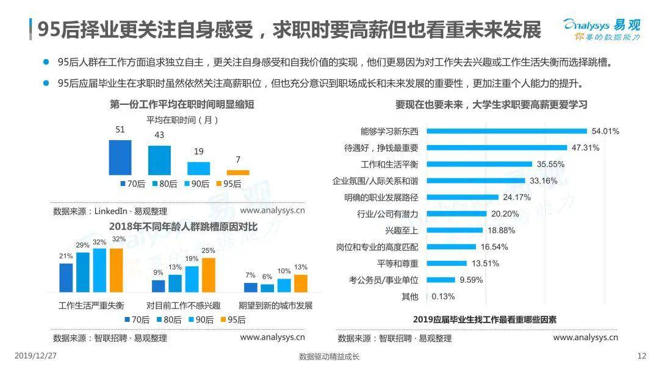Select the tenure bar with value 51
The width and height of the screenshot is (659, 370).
[120, 157]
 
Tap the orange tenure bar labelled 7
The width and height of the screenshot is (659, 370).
[238, 173]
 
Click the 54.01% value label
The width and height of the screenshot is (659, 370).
[607, 131]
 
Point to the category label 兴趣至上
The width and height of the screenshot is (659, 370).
[402, 230]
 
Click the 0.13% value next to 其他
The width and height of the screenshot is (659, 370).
[443, 296]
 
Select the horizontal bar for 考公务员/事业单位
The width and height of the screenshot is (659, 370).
[441, 280]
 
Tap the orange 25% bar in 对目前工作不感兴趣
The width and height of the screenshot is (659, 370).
[209, 275]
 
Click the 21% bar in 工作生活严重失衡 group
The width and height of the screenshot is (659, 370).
[66, 277]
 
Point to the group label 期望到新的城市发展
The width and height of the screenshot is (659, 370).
[275, 305]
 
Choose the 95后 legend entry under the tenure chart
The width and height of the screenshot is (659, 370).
[228, 183]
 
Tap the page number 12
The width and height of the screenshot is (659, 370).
[641, 356]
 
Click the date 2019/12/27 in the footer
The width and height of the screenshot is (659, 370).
[34, 356]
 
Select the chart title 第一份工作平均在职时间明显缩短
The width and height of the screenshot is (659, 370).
[182, 105]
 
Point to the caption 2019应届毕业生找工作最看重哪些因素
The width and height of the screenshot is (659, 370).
[484, 319]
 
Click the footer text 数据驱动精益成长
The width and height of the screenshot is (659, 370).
[329, 357]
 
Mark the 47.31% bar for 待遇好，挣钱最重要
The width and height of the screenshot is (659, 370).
[497, 148]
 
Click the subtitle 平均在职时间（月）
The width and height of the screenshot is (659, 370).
[182, 120]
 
